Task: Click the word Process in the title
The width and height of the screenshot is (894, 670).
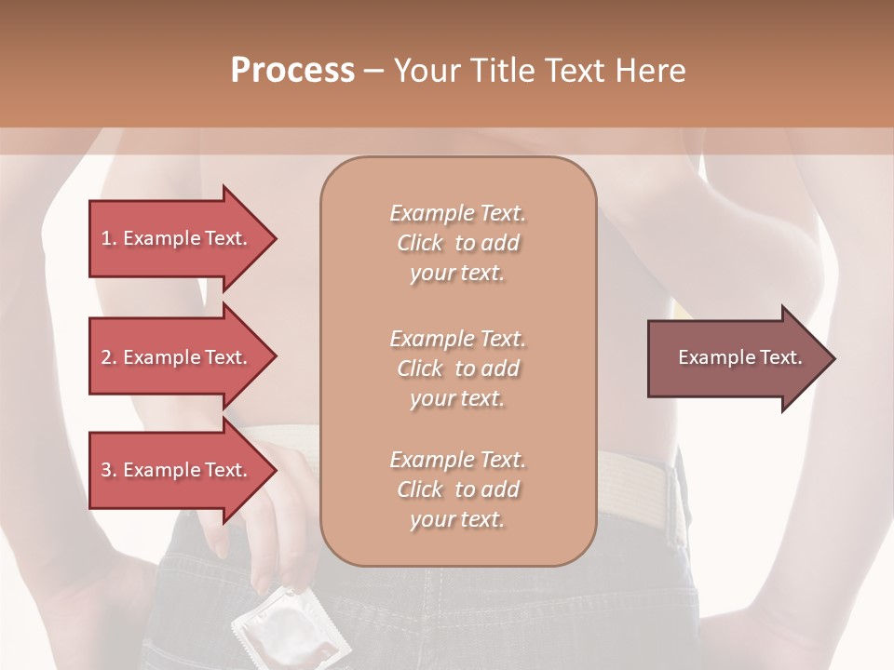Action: tap(292, 71)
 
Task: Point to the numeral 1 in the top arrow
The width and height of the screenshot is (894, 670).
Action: tap(106, 238)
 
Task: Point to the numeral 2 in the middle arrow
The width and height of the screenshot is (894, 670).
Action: tap(106, 357)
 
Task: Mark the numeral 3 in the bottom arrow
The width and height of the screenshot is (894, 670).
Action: tap(106, 470)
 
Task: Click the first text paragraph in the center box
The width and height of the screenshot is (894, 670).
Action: tap(457, 243)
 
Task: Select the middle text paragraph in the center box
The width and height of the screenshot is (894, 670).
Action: tap(457, 368)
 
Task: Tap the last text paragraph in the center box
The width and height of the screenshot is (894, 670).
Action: tap(457, 489)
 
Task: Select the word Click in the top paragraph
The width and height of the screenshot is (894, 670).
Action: tap(420, 243)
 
